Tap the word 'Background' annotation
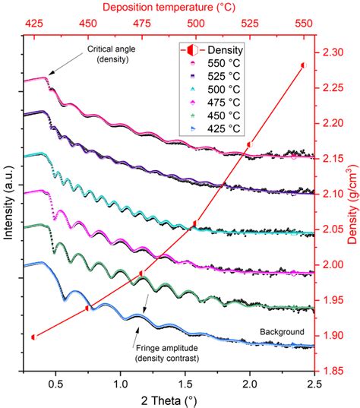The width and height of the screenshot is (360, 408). pyautogui.click(x=281, y=331)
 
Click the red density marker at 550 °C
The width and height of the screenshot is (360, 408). pyautogui.click(x=304, y=65)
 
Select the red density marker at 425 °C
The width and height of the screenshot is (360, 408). pyautogui.click(x=33, y=337)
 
